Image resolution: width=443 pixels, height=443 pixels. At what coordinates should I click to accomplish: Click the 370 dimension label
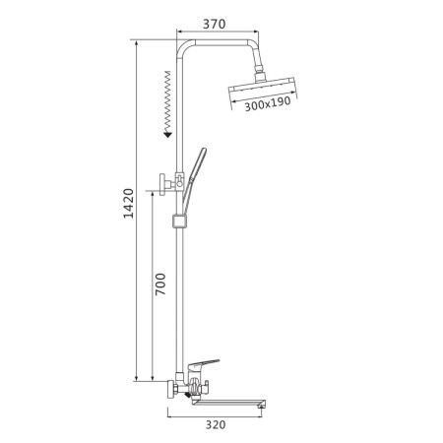click(214, 24)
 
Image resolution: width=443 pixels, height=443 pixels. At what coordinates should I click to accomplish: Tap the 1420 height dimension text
click(129, 204)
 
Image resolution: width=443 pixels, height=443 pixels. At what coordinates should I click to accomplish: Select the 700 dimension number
click(160, 285)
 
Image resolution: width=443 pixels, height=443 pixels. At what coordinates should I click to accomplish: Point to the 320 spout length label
click(216, 424)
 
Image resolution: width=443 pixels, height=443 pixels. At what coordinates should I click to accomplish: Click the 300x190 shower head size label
click(268, 104)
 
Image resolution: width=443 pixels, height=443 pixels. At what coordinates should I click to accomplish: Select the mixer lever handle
click(204, 364)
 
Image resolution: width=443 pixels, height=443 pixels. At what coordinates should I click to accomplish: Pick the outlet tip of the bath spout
click(262, 406)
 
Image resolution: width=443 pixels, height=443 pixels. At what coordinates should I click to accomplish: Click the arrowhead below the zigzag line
click(168, 134)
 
